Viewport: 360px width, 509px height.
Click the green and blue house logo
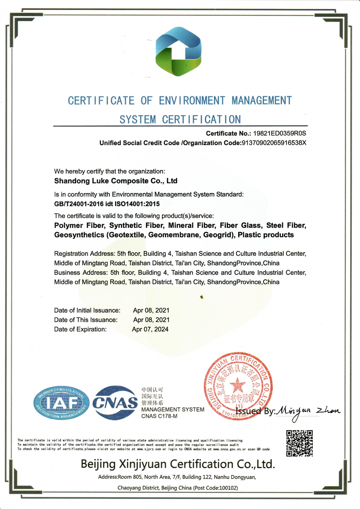pyautogui.click(x=180, y=52)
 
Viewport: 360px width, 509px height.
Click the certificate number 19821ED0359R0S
pyautogui.click(x=280, y=134)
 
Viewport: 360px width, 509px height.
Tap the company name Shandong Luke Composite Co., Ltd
pyautogui.click(x=116, y=181)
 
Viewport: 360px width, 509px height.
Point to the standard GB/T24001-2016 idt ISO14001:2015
pyautogui.click(x=116, y=204)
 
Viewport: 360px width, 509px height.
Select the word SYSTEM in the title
pyautogui.click(x=137, y=120)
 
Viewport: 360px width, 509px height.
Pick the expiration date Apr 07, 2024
pyautogui.click(x=150, y=329)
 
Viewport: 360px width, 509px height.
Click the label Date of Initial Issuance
pyautogui.click(x=87, y=310)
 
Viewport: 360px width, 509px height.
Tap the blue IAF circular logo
pyautogui.click(x=61, y=402)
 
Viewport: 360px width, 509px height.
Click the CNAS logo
pyautogui.click(x=115, y=401)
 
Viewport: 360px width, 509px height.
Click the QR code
pyautogui.click(x=299, y=443)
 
